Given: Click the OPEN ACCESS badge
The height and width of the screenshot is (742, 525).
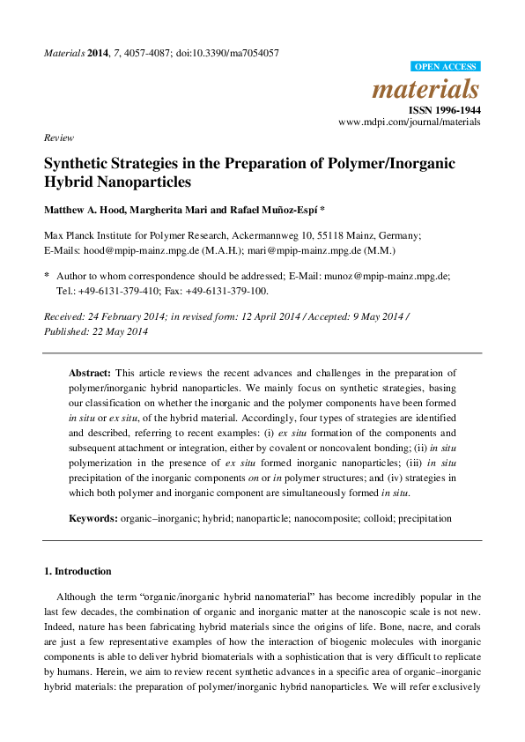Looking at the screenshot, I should coord(446,66).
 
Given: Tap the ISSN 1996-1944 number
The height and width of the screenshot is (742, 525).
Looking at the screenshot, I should coord(444,109).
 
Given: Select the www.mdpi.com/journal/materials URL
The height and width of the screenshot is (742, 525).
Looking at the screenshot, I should coord(410,122).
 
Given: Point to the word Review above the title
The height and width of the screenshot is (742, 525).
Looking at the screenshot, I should coord(59,138).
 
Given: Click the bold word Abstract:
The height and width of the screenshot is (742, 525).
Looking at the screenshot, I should coord(91,373).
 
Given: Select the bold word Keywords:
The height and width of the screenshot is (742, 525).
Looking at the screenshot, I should coord(93,519).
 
